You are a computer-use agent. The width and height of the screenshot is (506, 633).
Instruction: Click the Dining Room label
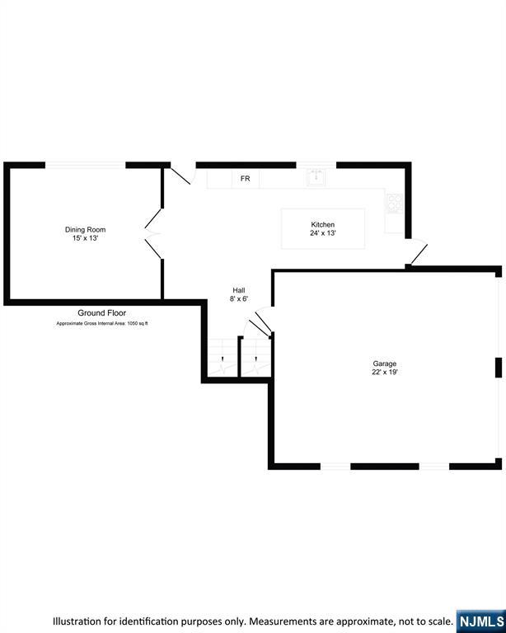coord(86,230)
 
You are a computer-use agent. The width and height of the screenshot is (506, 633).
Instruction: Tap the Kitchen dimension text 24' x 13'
coord(323,233)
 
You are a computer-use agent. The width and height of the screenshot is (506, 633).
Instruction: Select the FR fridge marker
coord(245,179)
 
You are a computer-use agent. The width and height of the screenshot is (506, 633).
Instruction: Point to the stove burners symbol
coord(394,203)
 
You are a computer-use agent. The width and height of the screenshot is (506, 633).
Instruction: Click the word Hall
coord(239,290)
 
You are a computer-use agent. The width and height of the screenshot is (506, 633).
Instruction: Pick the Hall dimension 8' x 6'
coord(239,299)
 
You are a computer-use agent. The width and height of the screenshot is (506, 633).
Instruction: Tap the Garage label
coord(384,363)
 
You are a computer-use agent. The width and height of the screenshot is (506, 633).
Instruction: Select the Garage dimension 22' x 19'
coord(384,373)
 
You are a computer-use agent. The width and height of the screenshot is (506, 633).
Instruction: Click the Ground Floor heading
coord(102,313)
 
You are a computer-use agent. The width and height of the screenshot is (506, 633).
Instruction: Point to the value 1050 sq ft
coord(134,323)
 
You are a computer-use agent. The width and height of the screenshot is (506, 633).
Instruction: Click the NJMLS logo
coord(480,621)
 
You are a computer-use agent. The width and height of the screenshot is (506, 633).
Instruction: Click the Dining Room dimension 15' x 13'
coord(86,238)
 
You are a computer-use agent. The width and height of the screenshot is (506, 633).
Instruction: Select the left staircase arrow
coord(221,359)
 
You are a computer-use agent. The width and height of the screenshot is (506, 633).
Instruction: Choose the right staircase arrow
coord(255,359)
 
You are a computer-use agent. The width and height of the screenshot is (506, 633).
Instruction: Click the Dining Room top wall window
coord(85,165)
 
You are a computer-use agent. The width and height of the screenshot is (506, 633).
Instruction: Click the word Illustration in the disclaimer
coord(81,621)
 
